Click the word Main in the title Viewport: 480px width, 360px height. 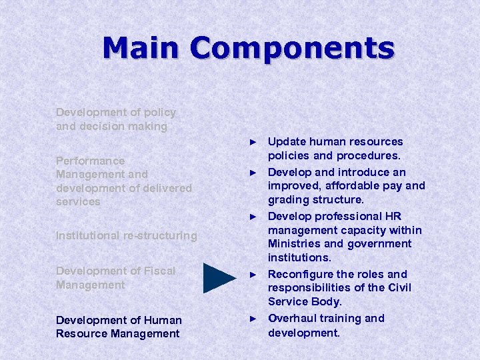point(141,48)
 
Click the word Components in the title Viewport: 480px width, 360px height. point(291,48)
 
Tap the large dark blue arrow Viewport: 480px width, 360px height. point(219,278)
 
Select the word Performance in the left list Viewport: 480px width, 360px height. point(90,161)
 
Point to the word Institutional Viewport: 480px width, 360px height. point(89,235)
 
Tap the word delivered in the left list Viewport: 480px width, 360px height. point(168,188)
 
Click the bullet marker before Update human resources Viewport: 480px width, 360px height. point(253,142)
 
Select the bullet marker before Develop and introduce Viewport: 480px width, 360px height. point(253,173)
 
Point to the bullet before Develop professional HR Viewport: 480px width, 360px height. point(253,217)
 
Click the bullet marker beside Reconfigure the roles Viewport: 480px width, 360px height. point(253,275)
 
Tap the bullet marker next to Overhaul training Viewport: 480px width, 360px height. point(253,319)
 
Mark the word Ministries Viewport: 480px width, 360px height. point(295,243)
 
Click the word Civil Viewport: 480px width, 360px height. point(398,287)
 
